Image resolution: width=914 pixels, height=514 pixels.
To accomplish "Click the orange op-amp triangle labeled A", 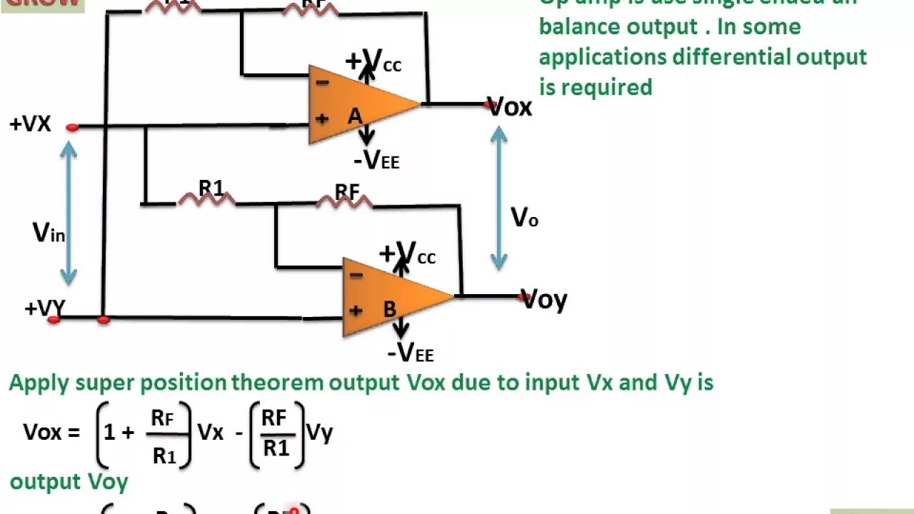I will (x=357, y=105).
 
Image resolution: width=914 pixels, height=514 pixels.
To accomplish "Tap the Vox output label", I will (x=511, y=107).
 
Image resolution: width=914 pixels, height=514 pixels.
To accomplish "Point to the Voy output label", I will (x=545, y=299).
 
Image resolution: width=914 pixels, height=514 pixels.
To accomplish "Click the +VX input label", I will (x=30, y=124).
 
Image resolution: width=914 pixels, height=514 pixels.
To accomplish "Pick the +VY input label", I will (x=44, y=308).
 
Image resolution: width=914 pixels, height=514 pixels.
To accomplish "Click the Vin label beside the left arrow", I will (x=49, y=232).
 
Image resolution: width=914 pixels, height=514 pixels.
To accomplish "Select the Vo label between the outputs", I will (x=524, y=217).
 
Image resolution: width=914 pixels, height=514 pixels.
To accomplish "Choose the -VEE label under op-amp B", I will (x=411, y=352).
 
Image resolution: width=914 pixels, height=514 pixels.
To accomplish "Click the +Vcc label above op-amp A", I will (x=373, y=61).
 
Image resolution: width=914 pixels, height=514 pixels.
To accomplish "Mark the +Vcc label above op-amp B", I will (x=407, y=253).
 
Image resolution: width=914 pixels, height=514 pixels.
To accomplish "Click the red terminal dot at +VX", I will (x=72, y=128).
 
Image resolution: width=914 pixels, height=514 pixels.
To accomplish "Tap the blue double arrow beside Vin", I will (x=69, y=213).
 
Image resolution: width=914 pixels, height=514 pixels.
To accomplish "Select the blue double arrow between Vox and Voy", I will (x=498, y=198).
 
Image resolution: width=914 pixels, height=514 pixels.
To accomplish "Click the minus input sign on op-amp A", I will (x=322, y=83).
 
